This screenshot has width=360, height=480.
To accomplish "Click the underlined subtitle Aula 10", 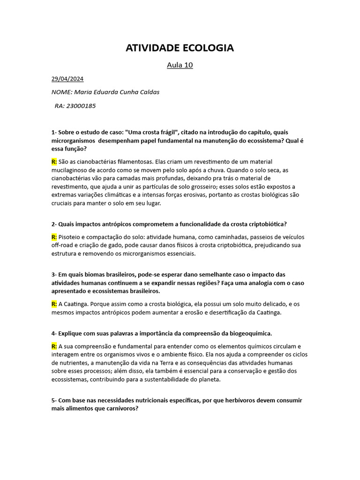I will pyautogui.click(x=180, y=65).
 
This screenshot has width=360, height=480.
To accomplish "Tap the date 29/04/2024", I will pyautogui.click(x=67, y=79).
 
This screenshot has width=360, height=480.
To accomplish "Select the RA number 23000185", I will pyautogui.click(x=82, y=106).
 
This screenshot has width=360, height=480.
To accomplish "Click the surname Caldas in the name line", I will pyautogui.click(x=148, y=92).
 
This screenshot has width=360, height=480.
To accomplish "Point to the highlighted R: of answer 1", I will pyautogui.click(x=54, y=162).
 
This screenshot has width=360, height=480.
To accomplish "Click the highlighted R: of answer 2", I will pyautogui.click(x=54, y=237).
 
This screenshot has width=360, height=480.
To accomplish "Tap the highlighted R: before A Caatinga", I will pyautogui.click(x=54, y=304).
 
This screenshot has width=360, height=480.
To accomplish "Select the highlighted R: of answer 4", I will pyautogui.click(x=54, y=346).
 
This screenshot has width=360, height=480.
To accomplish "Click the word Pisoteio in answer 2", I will pyautogui.click(x=71, y=237).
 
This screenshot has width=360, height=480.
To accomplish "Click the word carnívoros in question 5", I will pyautogui.click(x=121, y=408).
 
